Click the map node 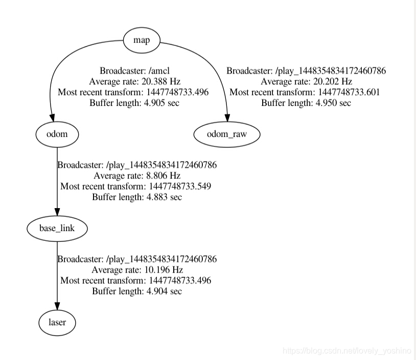142,40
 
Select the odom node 57,134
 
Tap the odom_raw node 227,134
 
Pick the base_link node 57,228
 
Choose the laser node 57,323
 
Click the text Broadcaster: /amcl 135,71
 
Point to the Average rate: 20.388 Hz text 135,81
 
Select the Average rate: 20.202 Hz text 306,81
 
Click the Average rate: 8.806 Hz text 137,175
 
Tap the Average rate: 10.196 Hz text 137,269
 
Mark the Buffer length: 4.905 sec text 135,102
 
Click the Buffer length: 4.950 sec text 306,102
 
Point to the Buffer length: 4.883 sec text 137,196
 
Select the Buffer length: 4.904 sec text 137,291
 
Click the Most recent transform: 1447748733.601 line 305,92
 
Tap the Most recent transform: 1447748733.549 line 135,186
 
